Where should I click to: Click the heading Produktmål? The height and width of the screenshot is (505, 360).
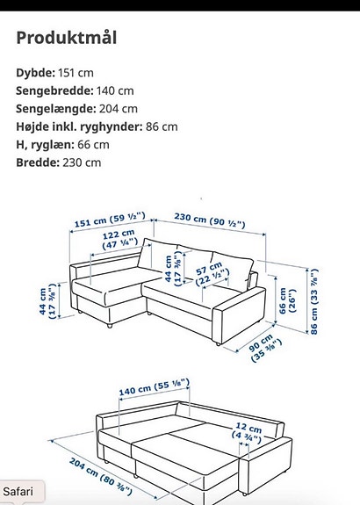(x=67, y=39)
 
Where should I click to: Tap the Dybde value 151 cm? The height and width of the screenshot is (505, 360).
(x=76, y=74)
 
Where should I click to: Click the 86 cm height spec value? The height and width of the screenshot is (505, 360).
(x=162, y=126)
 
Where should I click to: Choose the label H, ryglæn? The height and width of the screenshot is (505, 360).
(x=42, y=144)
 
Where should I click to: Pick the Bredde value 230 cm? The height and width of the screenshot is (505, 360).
(x=81, y=162)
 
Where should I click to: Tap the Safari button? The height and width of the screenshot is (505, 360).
(x=18, y=491)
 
